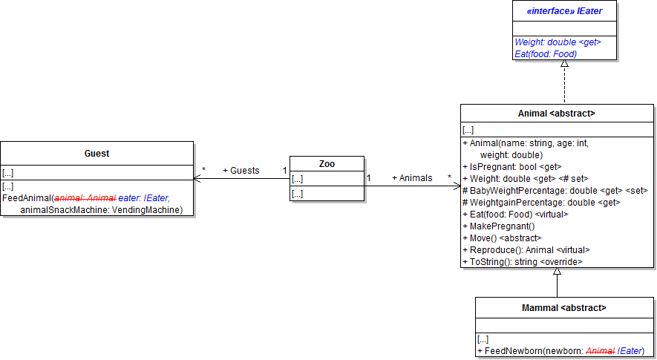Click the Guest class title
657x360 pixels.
[x=97, y=154]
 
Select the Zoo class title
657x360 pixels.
[x=327, y=164]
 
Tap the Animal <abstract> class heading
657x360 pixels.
[x=556, y=114]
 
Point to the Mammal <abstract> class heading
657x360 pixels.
[x=564, y=307]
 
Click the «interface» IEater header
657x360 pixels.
[x=564, y=11]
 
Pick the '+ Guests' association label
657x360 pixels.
[x=241, y=171]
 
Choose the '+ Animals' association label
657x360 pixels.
[x=412, y=178]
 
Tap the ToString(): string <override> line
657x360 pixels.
[x=522, y=261]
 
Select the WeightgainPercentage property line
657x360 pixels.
[x=540, y=202]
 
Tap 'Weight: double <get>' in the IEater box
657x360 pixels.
[x=557, y=42]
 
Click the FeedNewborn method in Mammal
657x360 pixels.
[x=560, y=350]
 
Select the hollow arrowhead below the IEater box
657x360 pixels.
[x=564, y=64]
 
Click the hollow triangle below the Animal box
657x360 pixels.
[x=557, y=272]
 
